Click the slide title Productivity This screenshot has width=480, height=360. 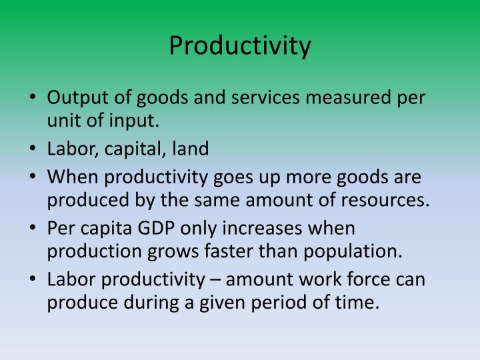click(x=240, y=45)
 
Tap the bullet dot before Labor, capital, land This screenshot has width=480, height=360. click(x=33, y=149)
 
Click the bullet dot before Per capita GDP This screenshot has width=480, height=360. click(x=33, y=227)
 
